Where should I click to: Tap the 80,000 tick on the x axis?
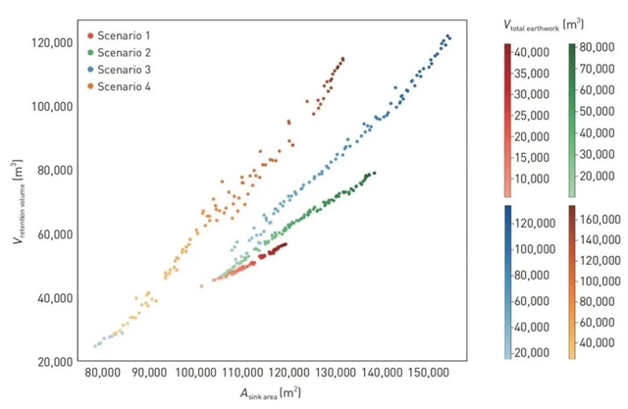click(103, 374)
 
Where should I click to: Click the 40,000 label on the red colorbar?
click(530, 50)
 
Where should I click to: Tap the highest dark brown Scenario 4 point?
click(342, 59)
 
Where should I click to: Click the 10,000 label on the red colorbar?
click(530, 178)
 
